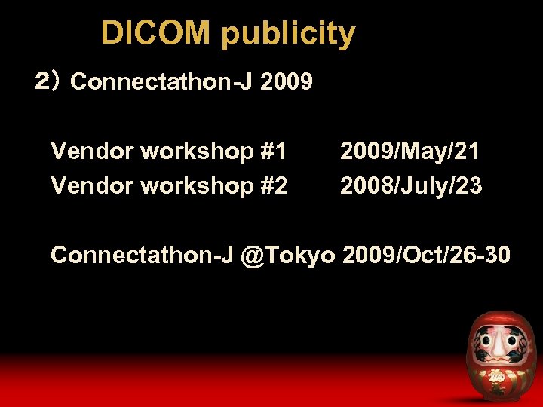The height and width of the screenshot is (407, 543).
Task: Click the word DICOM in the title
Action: pyautogui.click(x=157, y=34)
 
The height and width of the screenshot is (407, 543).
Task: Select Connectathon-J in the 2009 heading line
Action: pyautogui.click(x=161, y=81)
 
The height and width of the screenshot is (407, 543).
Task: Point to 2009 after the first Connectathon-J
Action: pyautogui.click(x=286, y=81)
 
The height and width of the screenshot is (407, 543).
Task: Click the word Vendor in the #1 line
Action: pyautogui.click(x=92, y=151)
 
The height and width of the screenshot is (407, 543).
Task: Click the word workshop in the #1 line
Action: pyautogui.click(x=197, y=153)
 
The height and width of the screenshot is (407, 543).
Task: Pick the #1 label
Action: pyautogui.click(x=273, y=151)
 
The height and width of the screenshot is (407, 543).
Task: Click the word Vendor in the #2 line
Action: pyautogui.click(x=92, y=185)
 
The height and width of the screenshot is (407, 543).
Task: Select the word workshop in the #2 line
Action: pyautogui.click(x=197, y=186)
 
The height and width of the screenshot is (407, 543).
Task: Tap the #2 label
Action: pyautogui.click(x=273, y=185)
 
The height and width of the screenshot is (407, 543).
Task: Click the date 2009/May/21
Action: pyautogui.click(x=410, y=152)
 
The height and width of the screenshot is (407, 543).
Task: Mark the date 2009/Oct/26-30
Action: pyautogui.click(x=426, y=255)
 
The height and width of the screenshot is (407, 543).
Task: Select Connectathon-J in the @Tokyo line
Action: pyautogui.click(x=142, y=255)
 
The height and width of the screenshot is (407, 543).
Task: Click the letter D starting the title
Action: pyautogui.click(x=111, y=34)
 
